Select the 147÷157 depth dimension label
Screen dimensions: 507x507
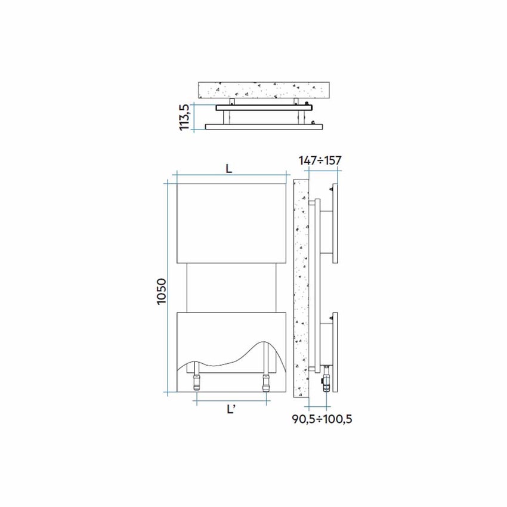point(321,160)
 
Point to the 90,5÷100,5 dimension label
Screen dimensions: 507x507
point(322,419)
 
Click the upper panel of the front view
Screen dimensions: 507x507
point(231,222)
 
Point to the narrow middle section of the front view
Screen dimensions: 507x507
point(231,286)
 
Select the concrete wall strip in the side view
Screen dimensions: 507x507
point(300,286)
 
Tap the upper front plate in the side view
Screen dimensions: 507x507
point(335,224)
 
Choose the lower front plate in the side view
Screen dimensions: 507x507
point(335,352)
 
